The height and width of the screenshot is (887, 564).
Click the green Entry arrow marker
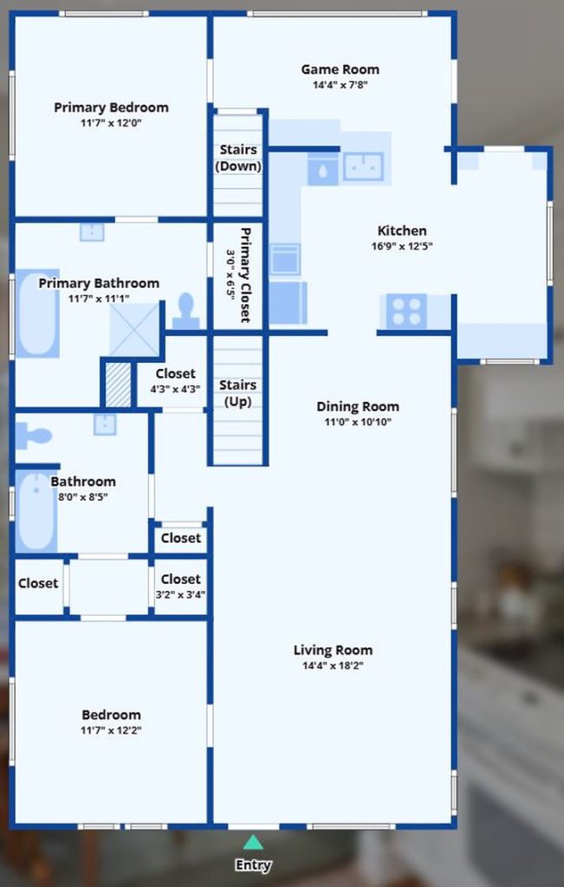(x=252, y=842)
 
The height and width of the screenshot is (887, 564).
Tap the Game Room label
(x=340, y=69)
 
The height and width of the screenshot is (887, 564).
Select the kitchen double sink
(x=363, y=166)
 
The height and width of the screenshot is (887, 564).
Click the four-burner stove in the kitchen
(x=406, y=311)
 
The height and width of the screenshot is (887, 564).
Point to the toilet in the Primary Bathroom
(x=185, y=311)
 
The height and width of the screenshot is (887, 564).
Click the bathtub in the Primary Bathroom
(x=37, y=314)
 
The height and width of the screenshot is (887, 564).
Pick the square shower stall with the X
(x=134, y=330)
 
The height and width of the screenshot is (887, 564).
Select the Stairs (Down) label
(x=238, y=158)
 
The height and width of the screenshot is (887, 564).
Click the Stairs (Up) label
(x=237, y=393)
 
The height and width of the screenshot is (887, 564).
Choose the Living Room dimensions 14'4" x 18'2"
(x=333, y=666)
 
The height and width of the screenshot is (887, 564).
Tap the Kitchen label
(x=402, y=230)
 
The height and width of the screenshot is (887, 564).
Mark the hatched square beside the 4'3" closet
(x=119, y=385)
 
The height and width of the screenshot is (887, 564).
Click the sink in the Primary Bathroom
(x=92, y=232)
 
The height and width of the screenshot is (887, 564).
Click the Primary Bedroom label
(x=111, y=107)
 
